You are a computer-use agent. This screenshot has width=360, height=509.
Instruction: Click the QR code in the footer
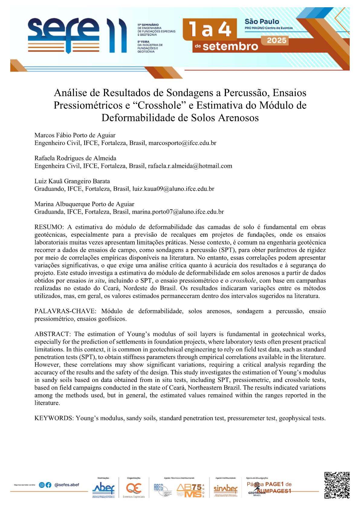point(337,485)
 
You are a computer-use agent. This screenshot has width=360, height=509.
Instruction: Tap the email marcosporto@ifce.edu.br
point(182,143)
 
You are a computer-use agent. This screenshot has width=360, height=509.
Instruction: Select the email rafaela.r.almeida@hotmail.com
point(190,166)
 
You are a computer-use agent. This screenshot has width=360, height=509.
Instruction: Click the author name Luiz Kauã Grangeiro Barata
point(72,181)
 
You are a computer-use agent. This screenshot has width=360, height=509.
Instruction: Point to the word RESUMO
point(49,227)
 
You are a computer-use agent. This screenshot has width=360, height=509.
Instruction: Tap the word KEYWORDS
point(54,418)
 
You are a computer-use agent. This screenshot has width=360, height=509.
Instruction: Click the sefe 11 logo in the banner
point(77,36)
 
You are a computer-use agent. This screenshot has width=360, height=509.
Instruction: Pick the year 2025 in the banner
point(277,41)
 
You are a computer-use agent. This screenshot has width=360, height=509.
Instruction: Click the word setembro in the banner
point(230,47)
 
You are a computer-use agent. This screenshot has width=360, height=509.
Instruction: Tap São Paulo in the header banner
point(262,21)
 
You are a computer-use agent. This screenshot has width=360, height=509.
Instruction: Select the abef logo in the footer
point(103,488)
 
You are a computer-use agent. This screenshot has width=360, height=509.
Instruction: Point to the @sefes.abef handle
point(66,485)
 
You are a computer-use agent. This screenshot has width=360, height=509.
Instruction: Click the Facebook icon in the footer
point(48,485)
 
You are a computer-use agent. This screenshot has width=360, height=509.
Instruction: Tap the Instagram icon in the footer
point(42,485)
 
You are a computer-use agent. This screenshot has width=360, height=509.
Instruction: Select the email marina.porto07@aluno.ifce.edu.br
point(178,212)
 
